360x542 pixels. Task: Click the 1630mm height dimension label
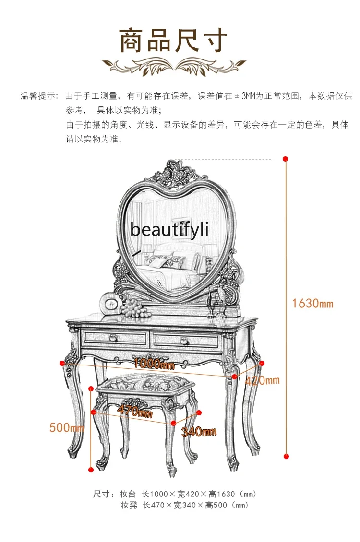(x=312, y=303)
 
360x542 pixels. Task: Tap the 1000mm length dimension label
(x=154, y=364)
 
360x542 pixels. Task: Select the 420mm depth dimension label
(x=262, y=381)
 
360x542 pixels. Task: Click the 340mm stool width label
(x=199, y=432)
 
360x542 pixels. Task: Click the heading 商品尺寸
(x=173, y=41)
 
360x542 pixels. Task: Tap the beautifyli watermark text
(x=169, y=229)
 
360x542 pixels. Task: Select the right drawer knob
(x=183, y=341)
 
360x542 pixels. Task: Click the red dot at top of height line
(x=286, y=159)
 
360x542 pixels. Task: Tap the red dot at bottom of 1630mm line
(x=287, y=456)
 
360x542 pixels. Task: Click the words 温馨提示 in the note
(x=39, y=96)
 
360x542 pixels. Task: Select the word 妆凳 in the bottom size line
(x=129, y=505)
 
